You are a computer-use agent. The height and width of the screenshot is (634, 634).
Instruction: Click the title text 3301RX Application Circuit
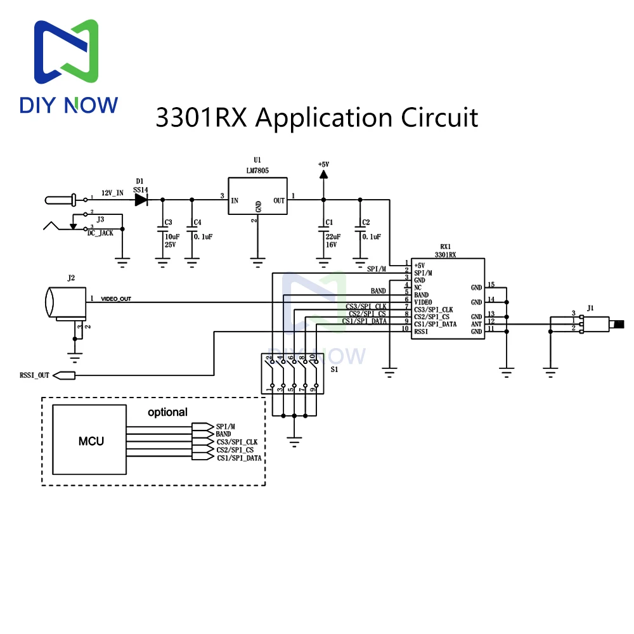pyautogui.click(x=316, y=118)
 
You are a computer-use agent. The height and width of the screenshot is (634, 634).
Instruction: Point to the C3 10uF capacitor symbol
pyautogui.click(x=162, y=231)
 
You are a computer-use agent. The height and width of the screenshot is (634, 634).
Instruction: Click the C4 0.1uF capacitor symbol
pyautogui.click(x=191, y=231)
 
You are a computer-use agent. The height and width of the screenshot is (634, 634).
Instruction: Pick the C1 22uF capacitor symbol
pyautogui.click(x=323, y=231)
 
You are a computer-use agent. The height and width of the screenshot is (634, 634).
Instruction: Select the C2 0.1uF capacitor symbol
pyautogui.click(x=359, y=231)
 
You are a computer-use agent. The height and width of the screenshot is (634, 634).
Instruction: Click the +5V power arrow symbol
pyautogui.click(x=323, y=175)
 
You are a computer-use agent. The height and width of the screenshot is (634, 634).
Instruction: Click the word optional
pyautogui.click(x=167, y=412)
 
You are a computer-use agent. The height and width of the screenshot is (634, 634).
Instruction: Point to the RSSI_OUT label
pyautogui.click(x=34, y=375)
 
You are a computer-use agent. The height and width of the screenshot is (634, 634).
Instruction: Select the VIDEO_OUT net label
pyautogui.click(x=115, y=299)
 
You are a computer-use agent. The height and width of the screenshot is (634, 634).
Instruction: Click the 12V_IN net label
pyautogui.click(x=112, y=193)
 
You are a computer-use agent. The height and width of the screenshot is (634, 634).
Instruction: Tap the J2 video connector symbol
pyautogui.click(x=65, y=302)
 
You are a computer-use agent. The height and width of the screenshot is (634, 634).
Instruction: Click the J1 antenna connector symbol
pyautogui.click(x=599, y=324)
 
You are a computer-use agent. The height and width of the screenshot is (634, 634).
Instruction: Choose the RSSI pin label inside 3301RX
pyautogui.click(x=421, y=332)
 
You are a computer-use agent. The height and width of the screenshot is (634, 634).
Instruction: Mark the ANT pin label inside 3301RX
pyautogui.click(x=476, y=324)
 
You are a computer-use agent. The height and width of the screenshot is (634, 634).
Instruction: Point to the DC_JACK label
pyautogui.click(x=100, y=233)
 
